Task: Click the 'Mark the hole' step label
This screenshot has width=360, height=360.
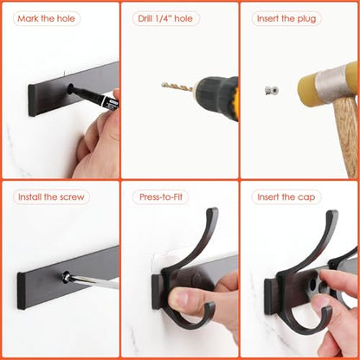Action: click(x=46, y=19)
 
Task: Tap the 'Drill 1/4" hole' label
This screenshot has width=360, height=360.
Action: click(x=165, y=19)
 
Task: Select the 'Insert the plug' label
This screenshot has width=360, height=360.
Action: click(x=286, y=19)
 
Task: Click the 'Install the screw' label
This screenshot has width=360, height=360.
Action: click(x=51, y=197)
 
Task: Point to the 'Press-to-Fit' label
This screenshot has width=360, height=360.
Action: click(x=161, y=197)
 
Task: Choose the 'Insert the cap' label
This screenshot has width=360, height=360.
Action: click(x=286, y=197)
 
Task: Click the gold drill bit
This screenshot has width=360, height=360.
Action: click(x=177, y=86)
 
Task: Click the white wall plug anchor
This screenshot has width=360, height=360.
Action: click(x=272, y=91)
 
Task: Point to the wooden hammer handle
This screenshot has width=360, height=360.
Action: click(x=347, y=137)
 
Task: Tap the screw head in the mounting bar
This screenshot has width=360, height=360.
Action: click(x=65, y=276)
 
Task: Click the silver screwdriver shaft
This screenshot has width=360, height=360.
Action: click(x=93, y=281)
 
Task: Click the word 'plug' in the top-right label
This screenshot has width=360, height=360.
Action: click(x=306, y=19)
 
